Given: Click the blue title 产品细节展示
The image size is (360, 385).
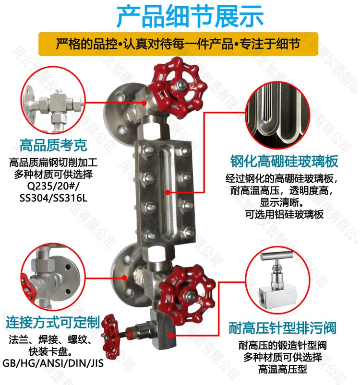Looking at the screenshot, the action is coord(190,17).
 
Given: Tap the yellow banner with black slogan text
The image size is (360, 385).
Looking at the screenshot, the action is coord(179,44).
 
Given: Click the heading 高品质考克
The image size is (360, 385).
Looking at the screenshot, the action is coord(53,145).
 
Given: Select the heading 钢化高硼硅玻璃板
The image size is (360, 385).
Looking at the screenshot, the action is coord(284,161).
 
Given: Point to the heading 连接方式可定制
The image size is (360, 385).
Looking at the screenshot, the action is coord(53,322).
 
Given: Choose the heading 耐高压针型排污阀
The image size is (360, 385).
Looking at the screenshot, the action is coord(282,328).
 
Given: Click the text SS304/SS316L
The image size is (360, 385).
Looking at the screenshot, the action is coord(53,198).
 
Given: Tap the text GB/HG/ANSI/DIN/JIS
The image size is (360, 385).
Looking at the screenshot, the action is coord(53,363).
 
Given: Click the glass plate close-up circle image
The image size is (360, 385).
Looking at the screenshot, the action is coord(278,115).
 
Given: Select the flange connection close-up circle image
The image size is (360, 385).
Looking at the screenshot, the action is coord(53,277).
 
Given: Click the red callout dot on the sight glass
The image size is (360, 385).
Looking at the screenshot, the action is coord(168,193).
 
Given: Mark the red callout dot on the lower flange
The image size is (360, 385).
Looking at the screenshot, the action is coord(125,278).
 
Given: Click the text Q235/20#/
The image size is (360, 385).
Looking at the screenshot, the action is coord(53,187).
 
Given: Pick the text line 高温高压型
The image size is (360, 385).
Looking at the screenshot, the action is coord(283,369).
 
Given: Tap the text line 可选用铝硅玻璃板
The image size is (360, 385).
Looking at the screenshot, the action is coord(284,214).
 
